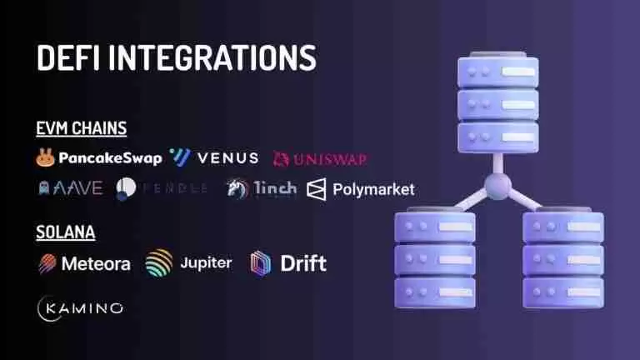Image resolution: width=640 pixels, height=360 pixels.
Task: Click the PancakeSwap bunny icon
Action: coord(45,157)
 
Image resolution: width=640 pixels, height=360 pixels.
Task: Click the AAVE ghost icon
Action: coord(45,188)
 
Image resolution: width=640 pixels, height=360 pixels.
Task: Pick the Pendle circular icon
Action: coord(126,188)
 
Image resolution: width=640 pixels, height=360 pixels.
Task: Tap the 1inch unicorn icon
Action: coord(237,188)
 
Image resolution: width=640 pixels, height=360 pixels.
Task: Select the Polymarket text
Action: coord(373,189)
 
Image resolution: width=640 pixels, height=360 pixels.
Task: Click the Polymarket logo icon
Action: coord(317,189)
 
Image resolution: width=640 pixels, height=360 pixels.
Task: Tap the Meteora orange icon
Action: coord(47,264)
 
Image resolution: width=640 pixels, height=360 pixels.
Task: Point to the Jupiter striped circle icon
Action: coord(158,263)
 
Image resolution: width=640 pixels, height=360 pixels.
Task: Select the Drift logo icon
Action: coord(261,264)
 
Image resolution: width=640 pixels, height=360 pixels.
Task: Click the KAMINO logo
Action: coord(81,307)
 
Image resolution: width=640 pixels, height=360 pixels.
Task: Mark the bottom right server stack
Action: coord(551,254)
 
